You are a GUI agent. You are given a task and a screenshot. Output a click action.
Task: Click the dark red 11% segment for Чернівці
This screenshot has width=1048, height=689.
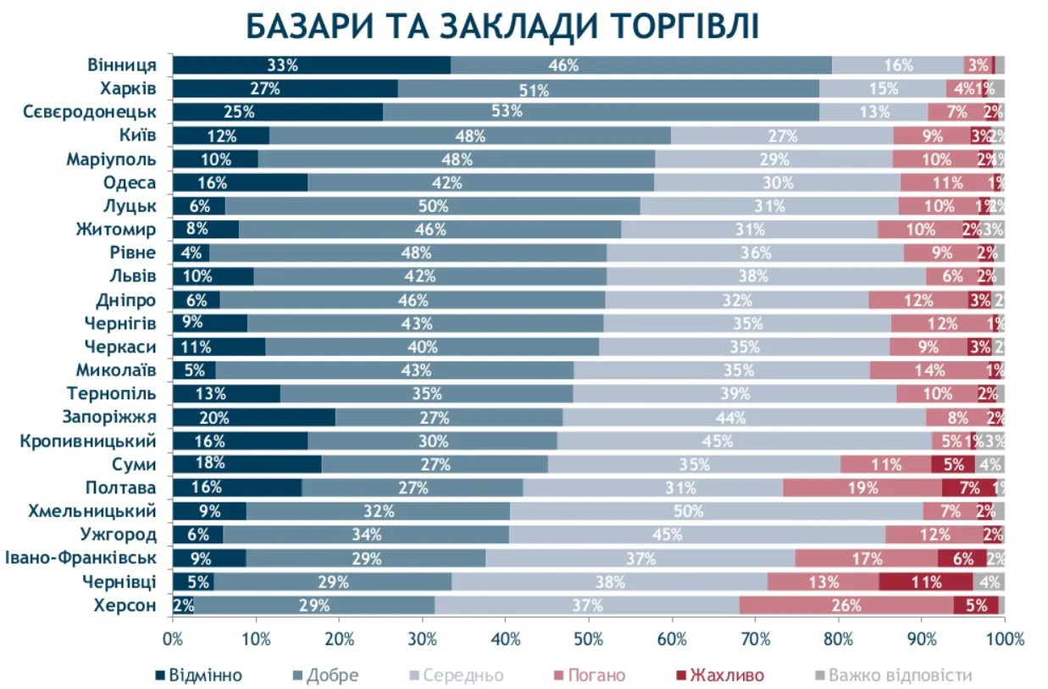point(925,581)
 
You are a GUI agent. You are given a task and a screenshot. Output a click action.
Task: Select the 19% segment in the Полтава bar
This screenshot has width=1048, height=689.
point(862,487)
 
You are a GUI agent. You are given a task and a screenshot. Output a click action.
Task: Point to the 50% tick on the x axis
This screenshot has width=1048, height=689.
point(589,637)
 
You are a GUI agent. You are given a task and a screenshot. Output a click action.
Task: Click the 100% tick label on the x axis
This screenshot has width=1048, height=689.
point(1004,637)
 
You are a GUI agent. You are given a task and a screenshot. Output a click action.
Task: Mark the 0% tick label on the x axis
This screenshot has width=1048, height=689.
point(173,637)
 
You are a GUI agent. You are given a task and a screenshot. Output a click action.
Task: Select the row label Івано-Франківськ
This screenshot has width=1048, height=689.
point(80,558)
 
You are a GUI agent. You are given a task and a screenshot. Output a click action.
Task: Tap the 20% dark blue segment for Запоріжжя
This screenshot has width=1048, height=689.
point(253,417)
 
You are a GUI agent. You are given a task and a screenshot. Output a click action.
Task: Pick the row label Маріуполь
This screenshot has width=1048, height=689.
point(111,158)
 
